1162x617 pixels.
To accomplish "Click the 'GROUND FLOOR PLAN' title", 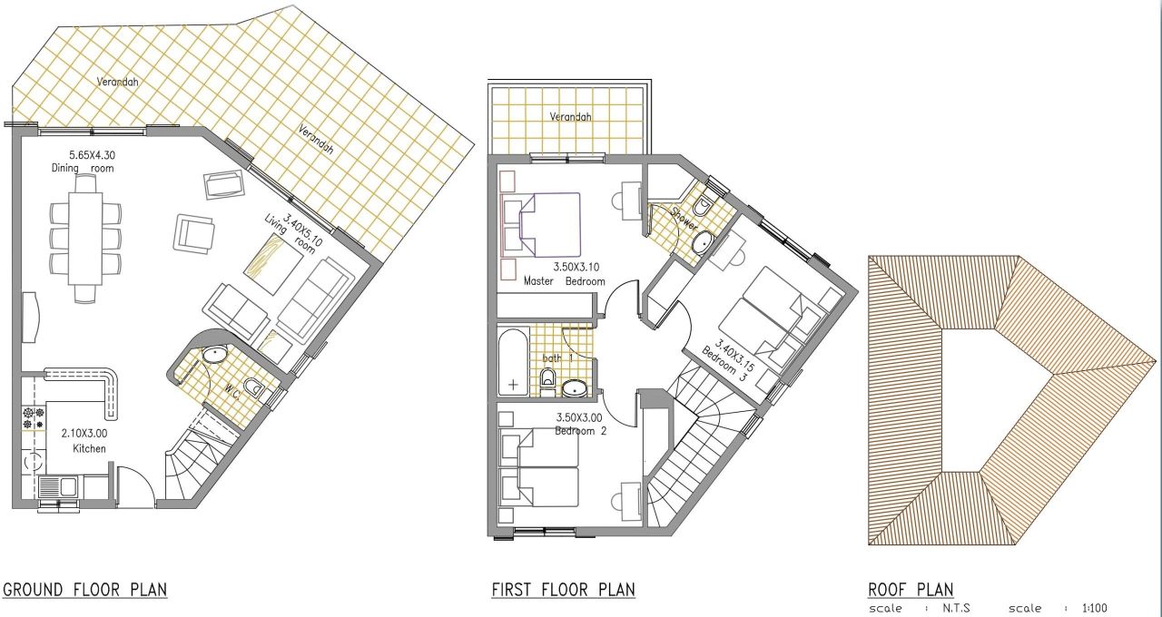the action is (x=85, y=590).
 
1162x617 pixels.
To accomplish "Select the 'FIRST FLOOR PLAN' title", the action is (x=564, y=590).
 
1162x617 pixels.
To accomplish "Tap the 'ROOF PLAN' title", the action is (x=911, y=590).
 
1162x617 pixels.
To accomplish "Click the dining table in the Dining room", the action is (x=85, y=238).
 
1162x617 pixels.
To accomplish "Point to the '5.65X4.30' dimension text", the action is (x=93, y=154).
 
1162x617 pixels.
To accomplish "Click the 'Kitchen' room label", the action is (x=89, y=448).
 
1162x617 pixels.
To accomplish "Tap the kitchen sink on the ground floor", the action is (x=57, y=487).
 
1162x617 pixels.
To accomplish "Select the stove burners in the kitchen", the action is (x=34, y=418).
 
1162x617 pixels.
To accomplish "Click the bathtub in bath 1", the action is (x=513, y=363).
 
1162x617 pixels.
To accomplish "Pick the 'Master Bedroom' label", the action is (x=565, y=281).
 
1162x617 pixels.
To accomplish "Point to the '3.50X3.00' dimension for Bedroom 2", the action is (x=579, y=417).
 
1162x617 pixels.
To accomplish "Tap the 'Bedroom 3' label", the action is (x=724, y=365).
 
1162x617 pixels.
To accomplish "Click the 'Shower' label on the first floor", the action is (x=684, y=219).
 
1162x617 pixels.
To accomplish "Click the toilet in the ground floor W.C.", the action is (x=253, y=387).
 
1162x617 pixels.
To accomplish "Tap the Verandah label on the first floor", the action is (x=571, y=117).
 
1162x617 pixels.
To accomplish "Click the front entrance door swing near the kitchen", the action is (x=136, y=485).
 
